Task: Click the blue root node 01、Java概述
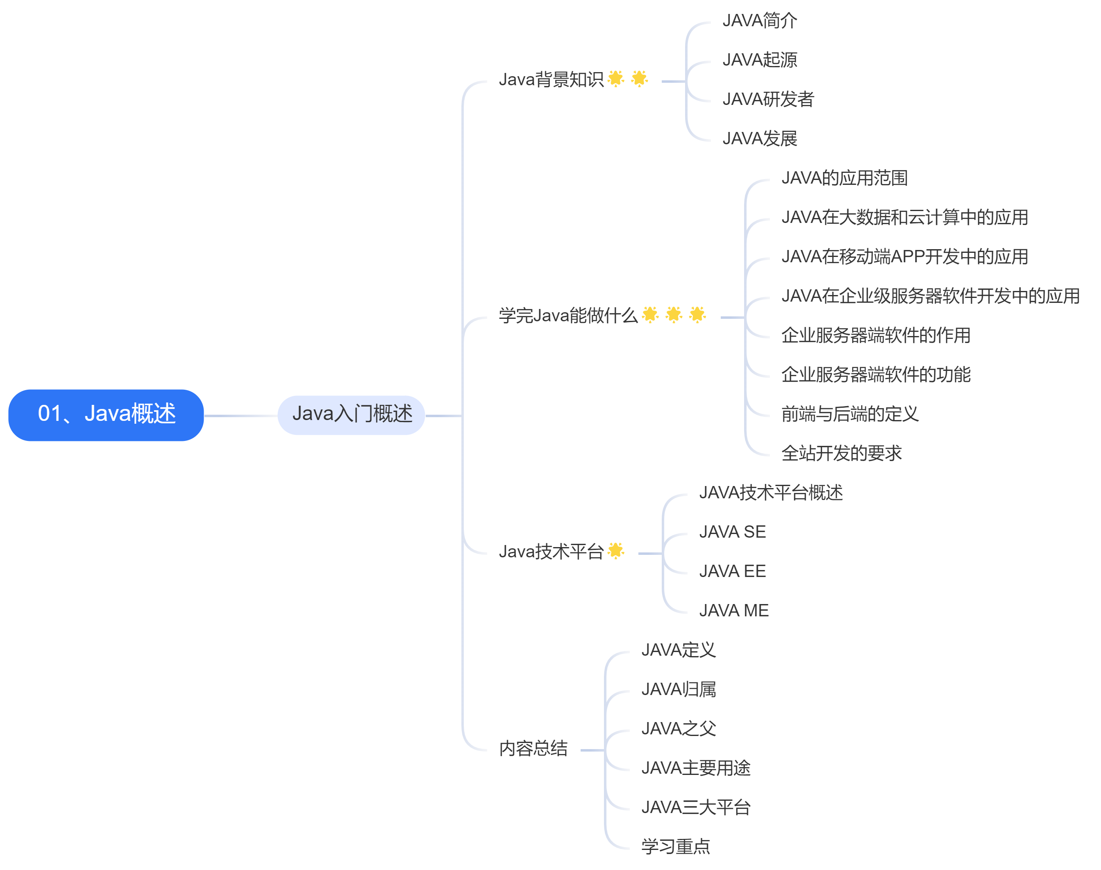coord(106,415)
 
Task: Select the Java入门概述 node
coord(352,415)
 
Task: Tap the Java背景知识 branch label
coord(551,80)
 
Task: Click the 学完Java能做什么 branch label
coord(568,316)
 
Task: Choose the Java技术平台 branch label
coord(551,552)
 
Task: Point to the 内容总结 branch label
coord(533,748)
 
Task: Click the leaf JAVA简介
coord(760,21)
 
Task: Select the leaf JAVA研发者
coord(768,99)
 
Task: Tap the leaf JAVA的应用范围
coord(844,178)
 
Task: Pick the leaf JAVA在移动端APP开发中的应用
coord(904,257)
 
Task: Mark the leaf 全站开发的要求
coord(841,453)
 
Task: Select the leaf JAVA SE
coord(732,532)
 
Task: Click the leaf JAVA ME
coord(734,611)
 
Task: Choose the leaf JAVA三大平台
coord(696,807)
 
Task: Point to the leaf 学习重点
coord(675,847)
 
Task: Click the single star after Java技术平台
coord(616,551)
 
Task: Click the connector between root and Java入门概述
coord(241,416)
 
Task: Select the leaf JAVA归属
coord(678,690)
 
